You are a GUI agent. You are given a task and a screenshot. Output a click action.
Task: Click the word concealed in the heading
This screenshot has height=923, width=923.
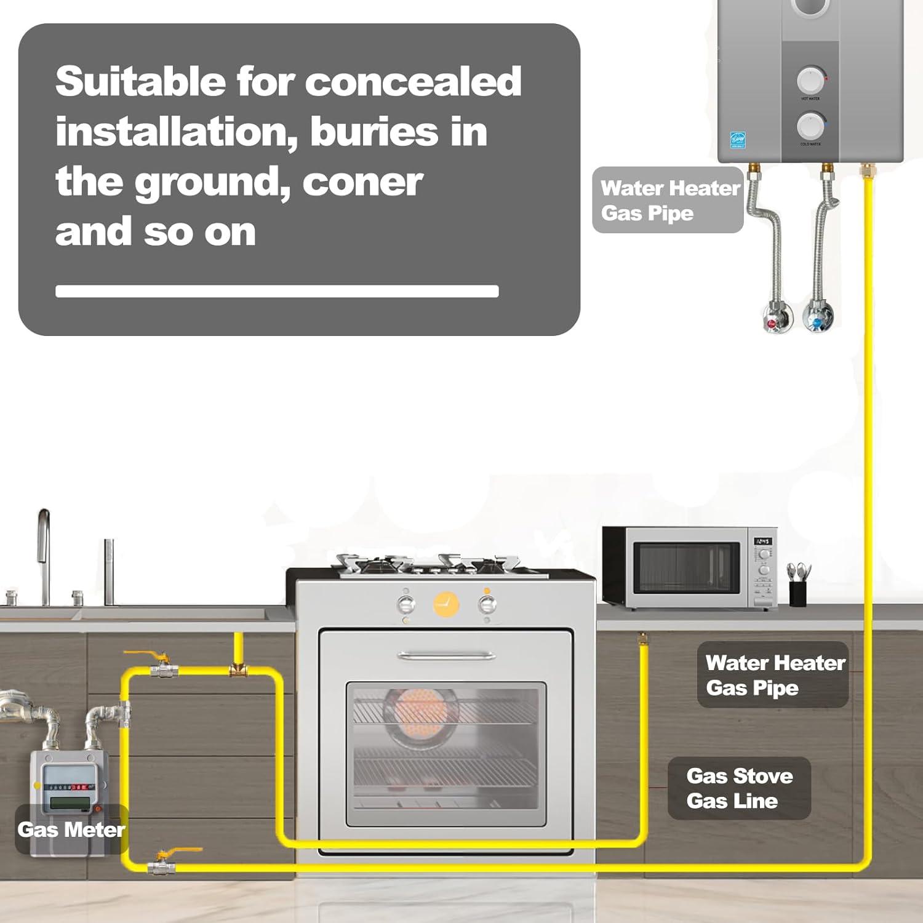point(413,81)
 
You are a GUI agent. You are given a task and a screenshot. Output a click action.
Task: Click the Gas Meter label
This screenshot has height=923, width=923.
point(71,829)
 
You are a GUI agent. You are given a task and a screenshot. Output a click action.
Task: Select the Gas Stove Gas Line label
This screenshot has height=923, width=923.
point(739,788)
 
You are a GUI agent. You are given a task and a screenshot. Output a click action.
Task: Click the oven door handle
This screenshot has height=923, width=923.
point(447,655)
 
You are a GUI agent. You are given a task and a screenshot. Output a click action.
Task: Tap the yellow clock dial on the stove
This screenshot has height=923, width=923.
point(446,604)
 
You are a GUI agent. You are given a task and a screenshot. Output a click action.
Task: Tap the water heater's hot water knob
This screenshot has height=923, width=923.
point(810,80)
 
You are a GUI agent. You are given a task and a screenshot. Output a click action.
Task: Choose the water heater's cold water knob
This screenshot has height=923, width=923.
point(810,126)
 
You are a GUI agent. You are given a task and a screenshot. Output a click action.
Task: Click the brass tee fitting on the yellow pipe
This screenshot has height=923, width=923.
point(238,669)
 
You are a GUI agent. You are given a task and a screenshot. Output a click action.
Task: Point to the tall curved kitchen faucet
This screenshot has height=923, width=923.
point(43,554)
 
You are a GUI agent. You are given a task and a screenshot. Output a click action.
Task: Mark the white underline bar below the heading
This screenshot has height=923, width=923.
point(277,291)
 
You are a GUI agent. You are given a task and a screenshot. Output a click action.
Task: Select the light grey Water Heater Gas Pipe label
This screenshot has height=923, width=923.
point(668,200)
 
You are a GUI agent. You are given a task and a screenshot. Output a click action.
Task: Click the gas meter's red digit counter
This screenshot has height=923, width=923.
point(78,787)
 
